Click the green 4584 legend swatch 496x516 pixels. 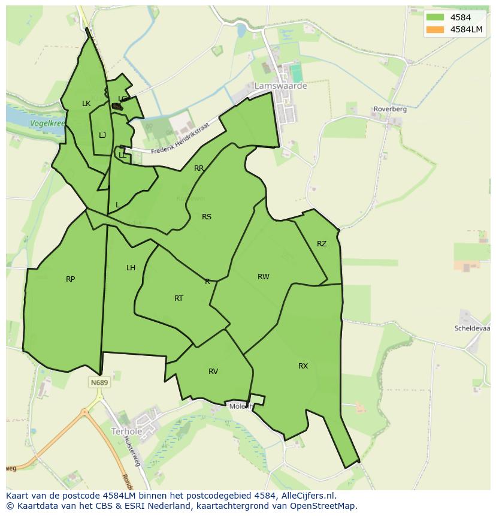pyautogui.click(x=435, y=17)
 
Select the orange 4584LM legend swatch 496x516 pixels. pyautogui.click(x=435, y=29)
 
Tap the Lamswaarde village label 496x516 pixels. pyautogui.click(x=280, y=86)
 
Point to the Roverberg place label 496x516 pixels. pyautogui.click(x=390, y=109)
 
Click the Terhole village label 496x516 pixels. pyautogui.click(x=126, y=431)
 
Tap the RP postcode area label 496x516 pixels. pyautogui.click(x=71, y=279)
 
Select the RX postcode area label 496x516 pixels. pyautogui.click(x=303, y=366)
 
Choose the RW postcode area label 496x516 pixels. pyautogui.click(x=264, y=276)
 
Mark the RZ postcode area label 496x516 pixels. pyautogui.click(x=322, y=243)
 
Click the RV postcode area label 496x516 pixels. pyautogui.click(x=213, y=372)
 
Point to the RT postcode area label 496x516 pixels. pyautogui.click(x=179, y=298)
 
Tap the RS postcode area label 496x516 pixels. pyautogui.click(x=207, y=217)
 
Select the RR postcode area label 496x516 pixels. pyautogui.click(x=199, y=168)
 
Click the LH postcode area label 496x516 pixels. pyautogui.click(x=131, y=268)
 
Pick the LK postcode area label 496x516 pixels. pyautogui.click(x=86, y=104)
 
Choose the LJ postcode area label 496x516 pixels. pyautogui.click(x=102, y=135)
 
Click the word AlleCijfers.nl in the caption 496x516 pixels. pyautogui.click(x=306, y=496)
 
